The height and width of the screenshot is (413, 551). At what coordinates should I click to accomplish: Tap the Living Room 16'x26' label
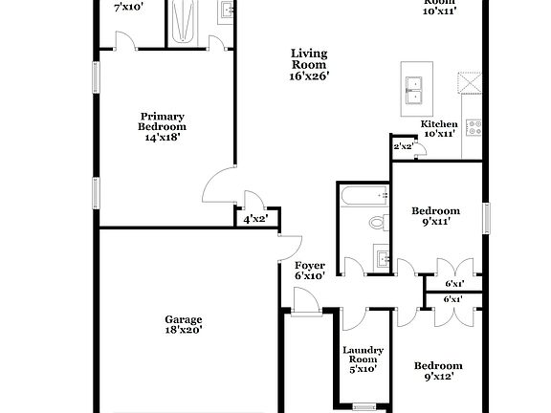click(310, 65)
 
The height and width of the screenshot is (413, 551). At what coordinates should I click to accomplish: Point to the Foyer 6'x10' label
click(309, 271)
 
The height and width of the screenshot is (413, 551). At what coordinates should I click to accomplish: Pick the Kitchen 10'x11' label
click(440, 129)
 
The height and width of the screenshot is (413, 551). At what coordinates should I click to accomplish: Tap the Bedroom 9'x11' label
click(435, 216)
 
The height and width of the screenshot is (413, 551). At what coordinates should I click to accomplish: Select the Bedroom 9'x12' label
click(437, 371)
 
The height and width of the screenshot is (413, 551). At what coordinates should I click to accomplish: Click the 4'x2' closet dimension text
click(254, 219)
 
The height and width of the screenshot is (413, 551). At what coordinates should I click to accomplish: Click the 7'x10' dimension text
click(127, 8)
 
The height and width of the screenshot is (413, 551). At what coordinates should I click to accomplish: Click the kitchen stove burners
click(474, 126)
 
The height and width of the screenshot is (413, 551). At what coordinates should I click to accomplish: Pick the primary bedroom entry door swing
click(217, 184)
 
